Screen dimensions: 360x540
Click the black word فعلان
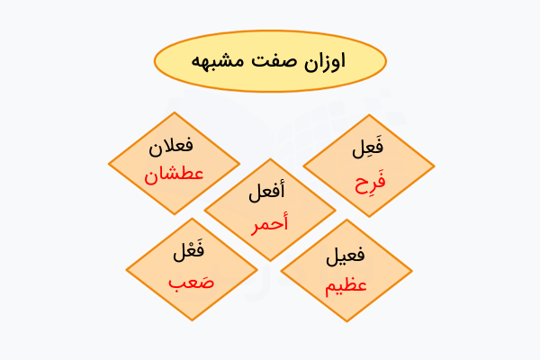(174, 145)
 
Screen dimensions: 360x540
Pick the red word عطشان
(174, 174)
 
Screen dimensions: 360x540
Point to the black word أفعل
(270, 192)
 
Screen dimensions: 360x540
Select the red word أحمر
(270, 221)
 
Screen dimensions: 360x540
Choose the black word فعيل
(346, 256)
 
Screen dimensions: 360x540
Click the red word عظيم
(346, 286)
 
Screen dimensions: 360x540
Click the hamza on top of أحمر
(283, 212)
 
